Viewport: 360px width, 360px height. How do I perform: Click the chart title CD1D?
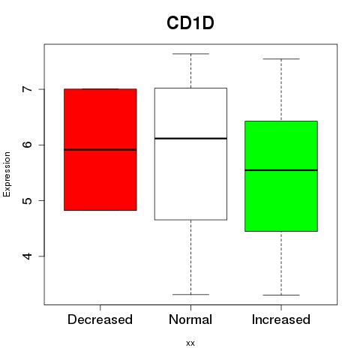[x=190, y=23]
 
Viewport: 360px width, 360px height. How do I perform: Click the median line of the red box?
[x=100, y=150]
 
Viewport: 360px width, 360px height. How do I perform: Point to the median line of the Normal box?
[x=190, y=138]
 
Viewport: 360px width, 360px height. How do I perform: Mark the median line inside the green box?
[x=281, y=170]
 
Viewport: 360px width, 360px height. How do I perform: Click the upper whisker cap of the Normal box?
[x=190, y=54]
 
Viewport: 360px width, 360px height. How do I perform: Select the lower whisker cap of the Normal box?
[x=190, y=295]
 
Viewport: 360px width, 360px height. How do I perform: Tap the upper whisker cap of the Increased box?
[x=281, y=59]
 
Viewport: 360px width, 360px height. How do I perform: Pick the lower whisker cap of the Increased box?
[x=281, y=295]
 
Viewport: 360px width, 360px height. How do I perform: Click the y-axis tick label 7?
[x=28, y=89]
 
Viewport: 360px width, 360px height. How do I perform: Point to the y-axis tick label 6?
[x=28, y=145]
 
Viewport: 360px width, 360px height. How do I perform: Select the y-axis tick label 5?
[x=28, y=200]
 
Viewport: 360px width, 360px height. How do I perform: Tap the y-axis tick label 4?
[x=28, y=256]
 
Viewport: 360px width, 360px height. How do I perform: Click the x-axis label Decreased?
[x=100, y=319]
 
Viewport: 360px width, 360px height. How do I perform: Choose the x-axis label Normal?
[x=190, y=319]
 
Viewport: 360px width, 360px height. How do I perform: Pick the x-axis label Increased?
[x=281, y=319]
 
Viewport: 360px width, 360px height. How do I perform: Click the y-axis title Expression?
[x=7, y=174]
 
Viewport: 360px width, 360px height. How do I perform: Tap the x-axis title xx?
[x=190, y=343]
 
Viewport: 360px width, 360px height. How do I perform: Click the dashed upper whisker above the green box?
[x=281, y=90]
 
